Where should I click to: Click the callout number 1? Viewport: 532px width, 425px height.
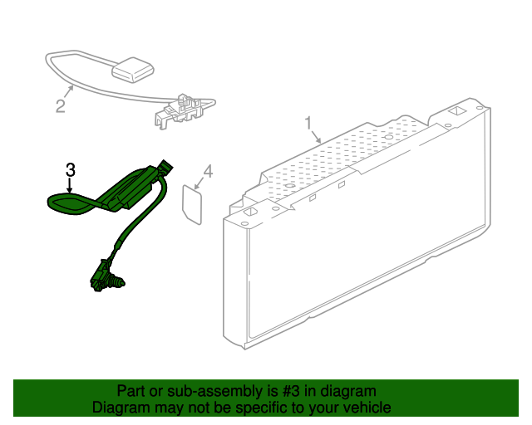click(308, 123)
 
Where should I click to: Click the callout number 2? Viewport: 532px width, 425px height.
click(61, 105)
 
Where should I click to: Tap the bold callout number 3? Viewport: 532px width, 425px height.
click(70, 170)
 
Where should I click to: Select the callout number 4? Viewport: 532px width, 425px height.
click(208, 172)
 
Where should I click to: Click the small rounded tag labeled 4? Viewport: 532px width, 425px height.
click(192, 204)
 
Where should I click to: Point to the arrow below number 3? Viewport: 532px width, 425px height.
click(70, 186)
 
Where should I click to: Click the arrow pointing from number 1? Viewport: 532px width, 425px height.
click(315, 137)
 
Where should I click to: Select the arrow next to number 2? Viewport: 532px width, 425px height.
click(68, 91)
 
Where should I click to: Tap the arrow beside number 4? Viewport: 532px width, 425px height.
click(199, 183)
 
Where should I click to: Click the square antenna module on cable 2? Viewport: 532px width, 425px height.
click(133, 70)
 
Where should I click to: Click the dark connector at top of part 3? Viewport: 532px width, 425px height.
click(165, 169)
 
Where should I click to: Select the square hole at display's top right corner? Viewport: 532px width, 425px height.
click(456, 111)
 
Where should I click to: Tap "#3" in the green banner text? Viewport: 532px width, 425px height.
click(290, 391)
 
